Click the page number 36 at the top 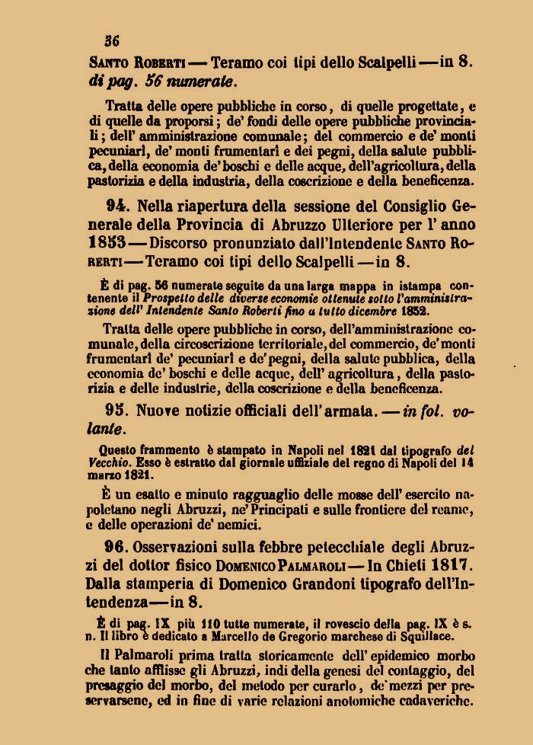point(112,40)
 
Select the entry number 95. point(119,411)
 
